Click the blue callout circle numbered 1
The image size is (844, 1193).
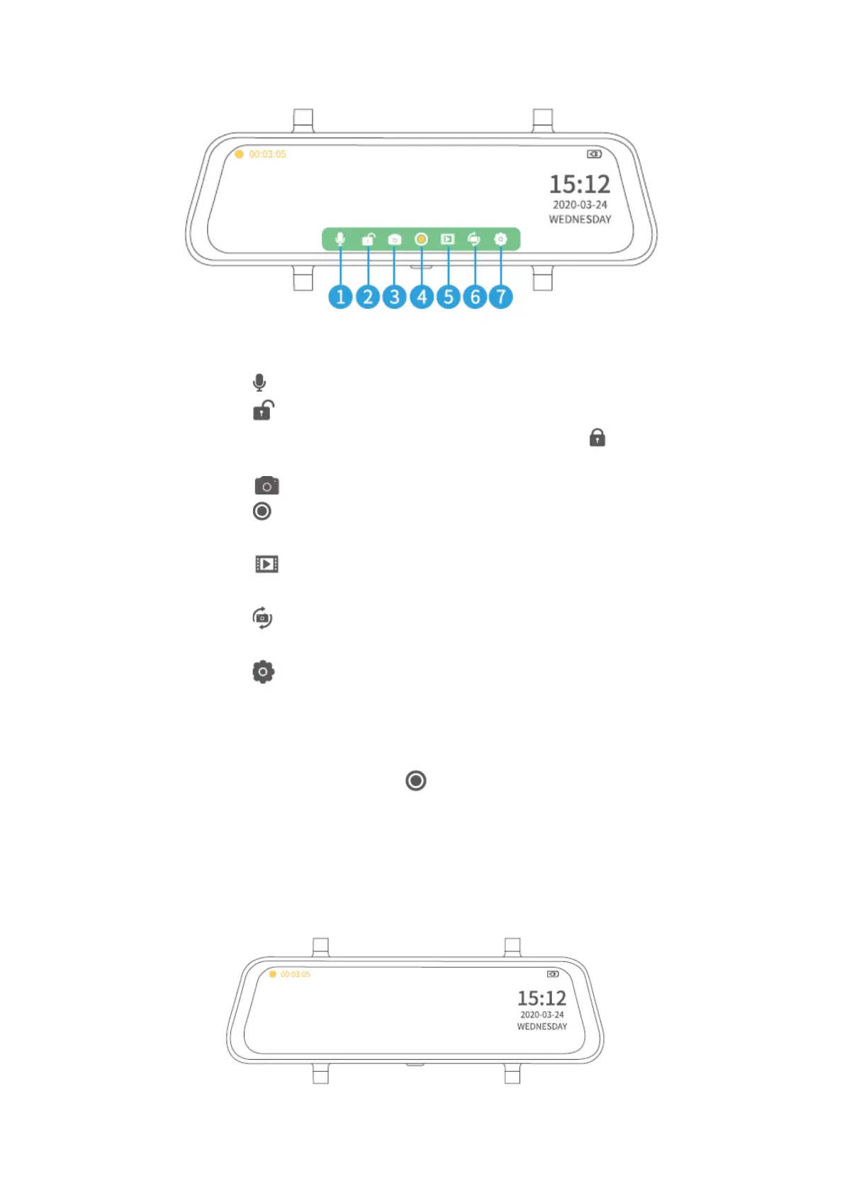(x=340, y=297)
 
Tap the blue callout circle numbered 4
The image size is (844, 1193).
(x=422, y=297)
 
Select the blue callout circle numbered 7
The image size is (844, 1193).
(x=501, y=297)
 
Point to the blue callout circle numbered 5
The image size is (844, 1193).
(x=448, y=297)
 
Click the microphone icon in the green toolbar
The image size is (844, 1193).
(x=340, y=239)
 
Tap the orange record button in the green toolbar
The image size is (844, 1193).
(x=421, y=239)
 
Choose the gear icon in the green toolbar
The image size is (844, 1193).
(x=500, y=239)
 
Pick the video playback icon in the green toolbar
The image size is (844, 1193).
(x=447, y=239)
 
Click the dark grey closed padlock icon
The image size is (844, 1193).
(x=597, y=438)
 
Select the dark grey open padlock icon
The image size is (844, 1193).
(x=263, y=410)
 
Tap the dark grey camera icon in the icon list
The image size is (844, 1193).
(x=266, y=486)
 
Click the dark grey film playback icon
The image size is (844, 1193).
(x=266, y=564)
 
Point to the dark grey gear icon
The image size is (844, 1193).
(x=263, y=672)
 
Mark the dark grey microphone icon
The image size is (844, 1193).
(x=259, y=383)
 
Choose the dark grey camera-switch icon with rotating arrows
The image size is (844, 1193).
(x=262, y=618)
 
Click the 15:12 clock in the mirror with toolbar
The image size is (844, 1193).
(x=580, y=184)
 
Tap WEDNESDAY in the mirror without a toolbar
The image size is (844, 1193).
(x=542, y=1027)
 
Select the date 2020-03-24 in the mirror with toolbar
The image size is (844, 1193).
(x=580, y=205)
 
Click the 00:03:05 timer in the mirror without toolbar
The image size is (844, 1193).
(x=295, y=974)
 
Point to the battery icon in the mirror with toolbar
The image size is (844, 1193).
(x=595, y=154)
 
